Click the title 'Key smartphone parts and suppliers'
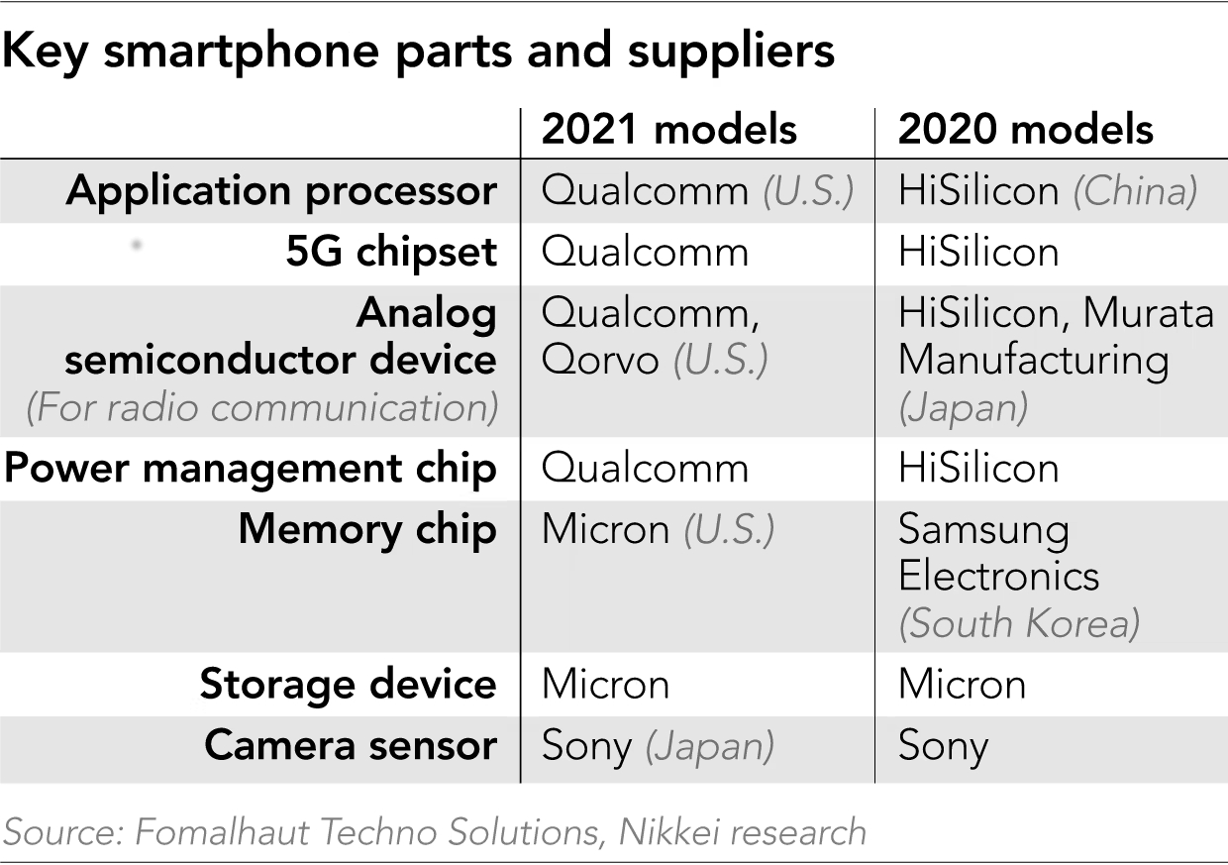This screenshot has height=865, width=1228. (x=418, y=53)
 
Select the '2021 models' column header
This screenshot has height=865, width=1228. (x=669, y=129)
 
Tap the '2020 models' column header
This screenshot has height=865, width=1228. (x=1025, y=129)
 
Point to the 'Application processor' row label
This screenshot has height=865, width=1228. (x=281, y=191)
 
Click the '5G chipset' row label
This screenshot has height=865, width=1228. (x=391, y=253)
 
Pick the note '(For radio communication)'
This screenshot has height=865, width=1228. (x=262, y=407)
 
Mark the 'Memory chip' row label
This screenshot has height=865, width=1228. (x=367, y=529)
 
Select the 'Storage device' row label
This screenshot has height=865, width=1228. (x=348, y=685)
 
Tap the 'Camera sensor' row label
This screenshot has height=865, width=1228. (x=351, y=745)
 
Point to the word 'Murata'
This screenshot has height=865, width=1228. (x=1148, y=313)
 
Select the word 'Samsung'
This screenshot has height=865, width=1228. (x=983, y=530)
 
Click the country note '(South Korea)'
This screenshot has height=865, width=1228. (x=1019, y=623)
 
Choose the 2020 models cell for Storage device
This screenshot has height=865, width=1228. (x=962, y=685)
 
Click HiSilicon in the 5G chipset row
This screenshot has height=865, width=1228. (x=978, y=253)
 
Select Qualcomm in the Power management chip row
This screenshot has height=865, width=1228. (x=645, y=468)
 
